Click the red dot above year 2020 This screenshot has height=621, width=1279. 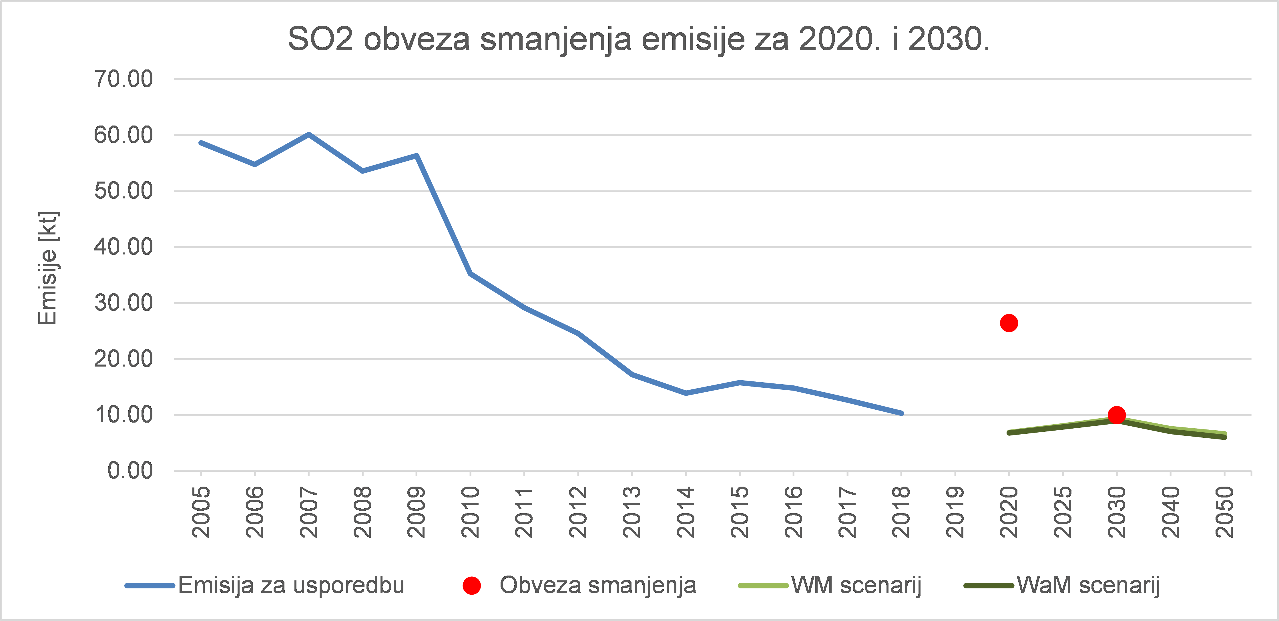pyautogui.click(x=1009, y=323)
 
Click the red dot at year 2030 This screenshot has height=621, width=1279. pyautogui.click(x=1117, y=415)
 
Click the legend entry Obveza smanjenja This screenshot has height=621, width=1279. pyautogui.click(x=597, y=585)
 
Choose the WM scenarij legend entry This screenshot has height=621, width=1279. pyautogui.click(x=856, y=585)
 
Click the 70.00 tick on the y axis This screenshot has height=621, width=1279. pyautogui.click(x=123, y=79)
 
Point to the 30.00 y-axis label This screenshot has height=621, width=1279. pyautogui.click(x=123, y=303)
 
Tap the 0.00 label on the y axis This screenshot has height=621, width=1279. pyautogui.click(x=130, y=471)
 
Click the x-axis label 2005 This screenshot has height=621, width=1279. pyautogui.click(x=201, y=512)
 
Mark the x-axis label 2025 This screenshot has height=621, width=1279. pyautogui.click(x=1063, y=512)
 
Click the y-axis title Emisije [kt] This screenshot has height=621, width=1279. pyautogui.click(x=48, y=268)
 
